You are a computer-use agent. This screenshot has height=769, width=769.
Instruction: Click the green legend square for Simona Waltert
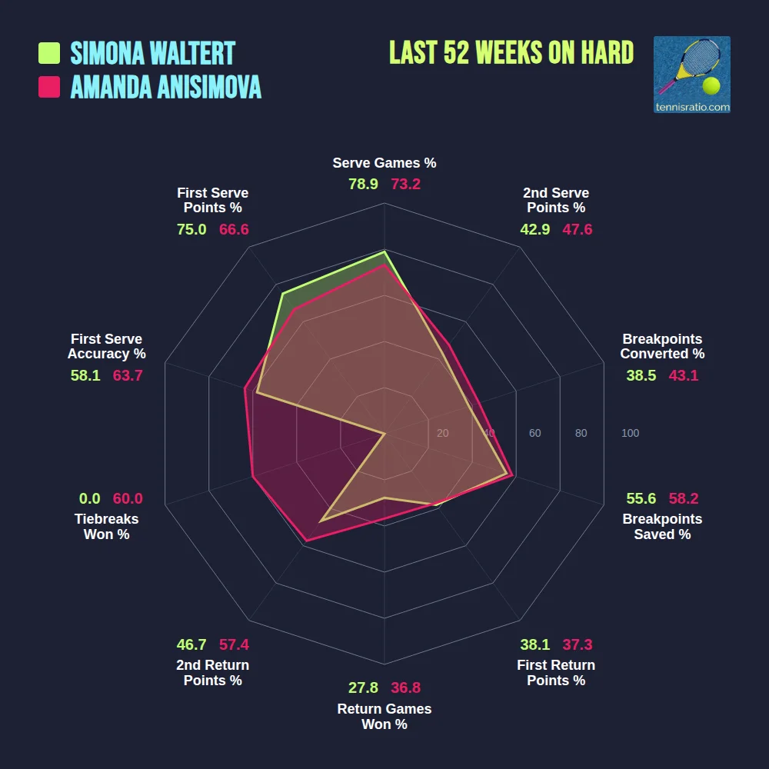tap(49, 53)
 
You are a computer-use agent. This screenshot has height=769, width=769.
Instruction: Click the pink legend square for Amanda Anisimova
tap(49, 87)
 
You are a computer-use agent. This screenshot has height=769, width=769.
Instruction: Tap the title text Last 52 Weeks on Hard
tap(511, 52)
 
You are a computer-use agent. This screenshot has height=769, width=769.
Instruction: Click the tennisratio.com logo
tap(691, 75)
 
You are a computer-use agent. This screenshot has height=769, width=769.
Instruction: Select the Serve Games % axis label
tap(384, 163)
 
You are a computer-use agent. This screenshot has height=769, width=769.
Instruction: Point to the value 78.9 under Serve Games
tap(363, 185)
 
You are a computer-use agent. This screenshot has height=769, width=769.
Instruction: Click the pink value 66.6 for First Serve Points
tap(234, 229)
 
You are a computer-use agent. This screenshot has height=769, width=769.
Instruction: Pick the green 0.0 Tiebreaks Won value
tap(90, 498)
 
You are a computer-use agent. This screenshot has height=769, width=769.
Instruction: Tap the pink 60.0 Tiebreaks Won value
tap(128, 498)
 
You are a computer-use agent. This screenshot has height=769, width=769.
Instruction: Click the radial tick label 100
tap(630, 433)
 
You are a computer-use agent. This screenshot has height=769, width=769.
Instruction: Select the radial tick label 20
tap(442, 433)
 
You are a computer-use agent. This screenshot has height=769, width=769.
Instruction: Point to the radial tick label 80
tap(581, 433)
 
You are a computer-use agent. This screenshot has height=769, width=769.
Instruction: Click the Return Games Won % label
tap(384, 717)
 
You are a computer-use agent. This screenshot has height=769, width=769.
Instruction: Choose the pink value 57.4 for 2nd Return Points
tap(234, 644)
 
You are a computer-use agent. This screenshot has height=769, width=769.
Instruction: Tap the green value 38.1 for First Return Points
tap(534, 644)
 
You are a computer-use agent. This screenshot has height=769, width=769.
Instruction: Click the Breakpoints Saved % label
tap(662, 527)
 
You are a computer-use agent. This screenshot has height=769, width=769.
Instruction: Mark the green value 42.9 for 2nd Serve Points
tap(534, 229)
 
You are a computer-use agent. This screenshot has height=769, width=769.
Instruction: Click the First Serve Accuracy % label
tap(107, 346)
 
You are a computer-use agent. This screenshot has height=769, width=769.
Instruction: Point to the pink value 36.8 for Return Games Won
tap(406, 687)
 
